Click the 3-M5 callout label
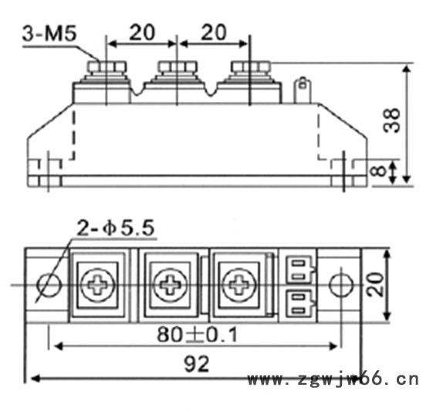tap(49, 34)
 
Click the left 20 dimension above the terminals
tap(142, 32)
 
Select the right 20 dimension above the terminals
tap(214, 32)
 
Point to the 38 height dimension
tap(392, 121)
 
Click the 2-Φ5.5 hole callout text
tap(115, 229)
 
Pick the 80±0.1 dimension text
tap(197, 335)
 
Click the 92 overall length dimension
tap(197, 364)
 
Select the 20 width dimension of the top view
tap(376, 285)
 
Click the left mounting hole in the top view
tap(49, 285)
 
